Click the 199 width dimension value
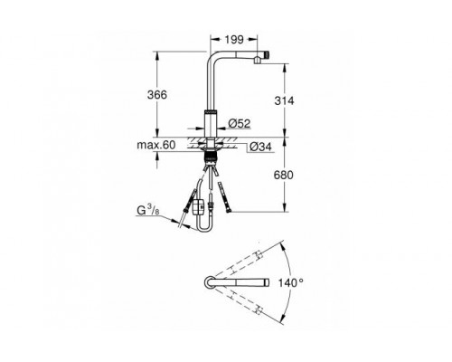234,40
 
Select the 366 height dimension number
156,95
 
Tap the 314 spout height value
284,100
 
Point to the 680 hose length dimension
284,175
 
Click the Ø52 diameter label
240,123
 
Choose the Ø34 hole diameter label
260,147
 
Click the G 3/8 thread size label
148,211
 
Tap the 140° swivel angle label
290,283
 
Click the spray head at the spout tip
262,57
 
